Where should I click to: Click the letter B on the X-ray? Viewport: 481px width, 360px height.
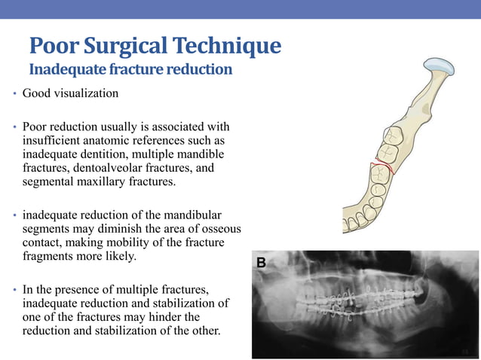(x=262, y=263)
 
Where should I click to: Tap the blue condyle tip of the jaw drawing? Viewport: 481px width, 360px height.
(x=439, y=65)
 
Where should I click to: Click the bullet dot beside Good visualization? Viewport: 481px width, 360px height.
(x=14, y=95)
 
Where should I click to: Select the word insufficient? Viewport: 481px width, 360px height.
(x=51, y=141)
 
